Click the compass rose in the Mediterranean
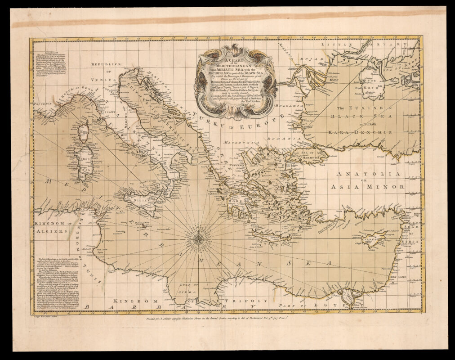point(198,237)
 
